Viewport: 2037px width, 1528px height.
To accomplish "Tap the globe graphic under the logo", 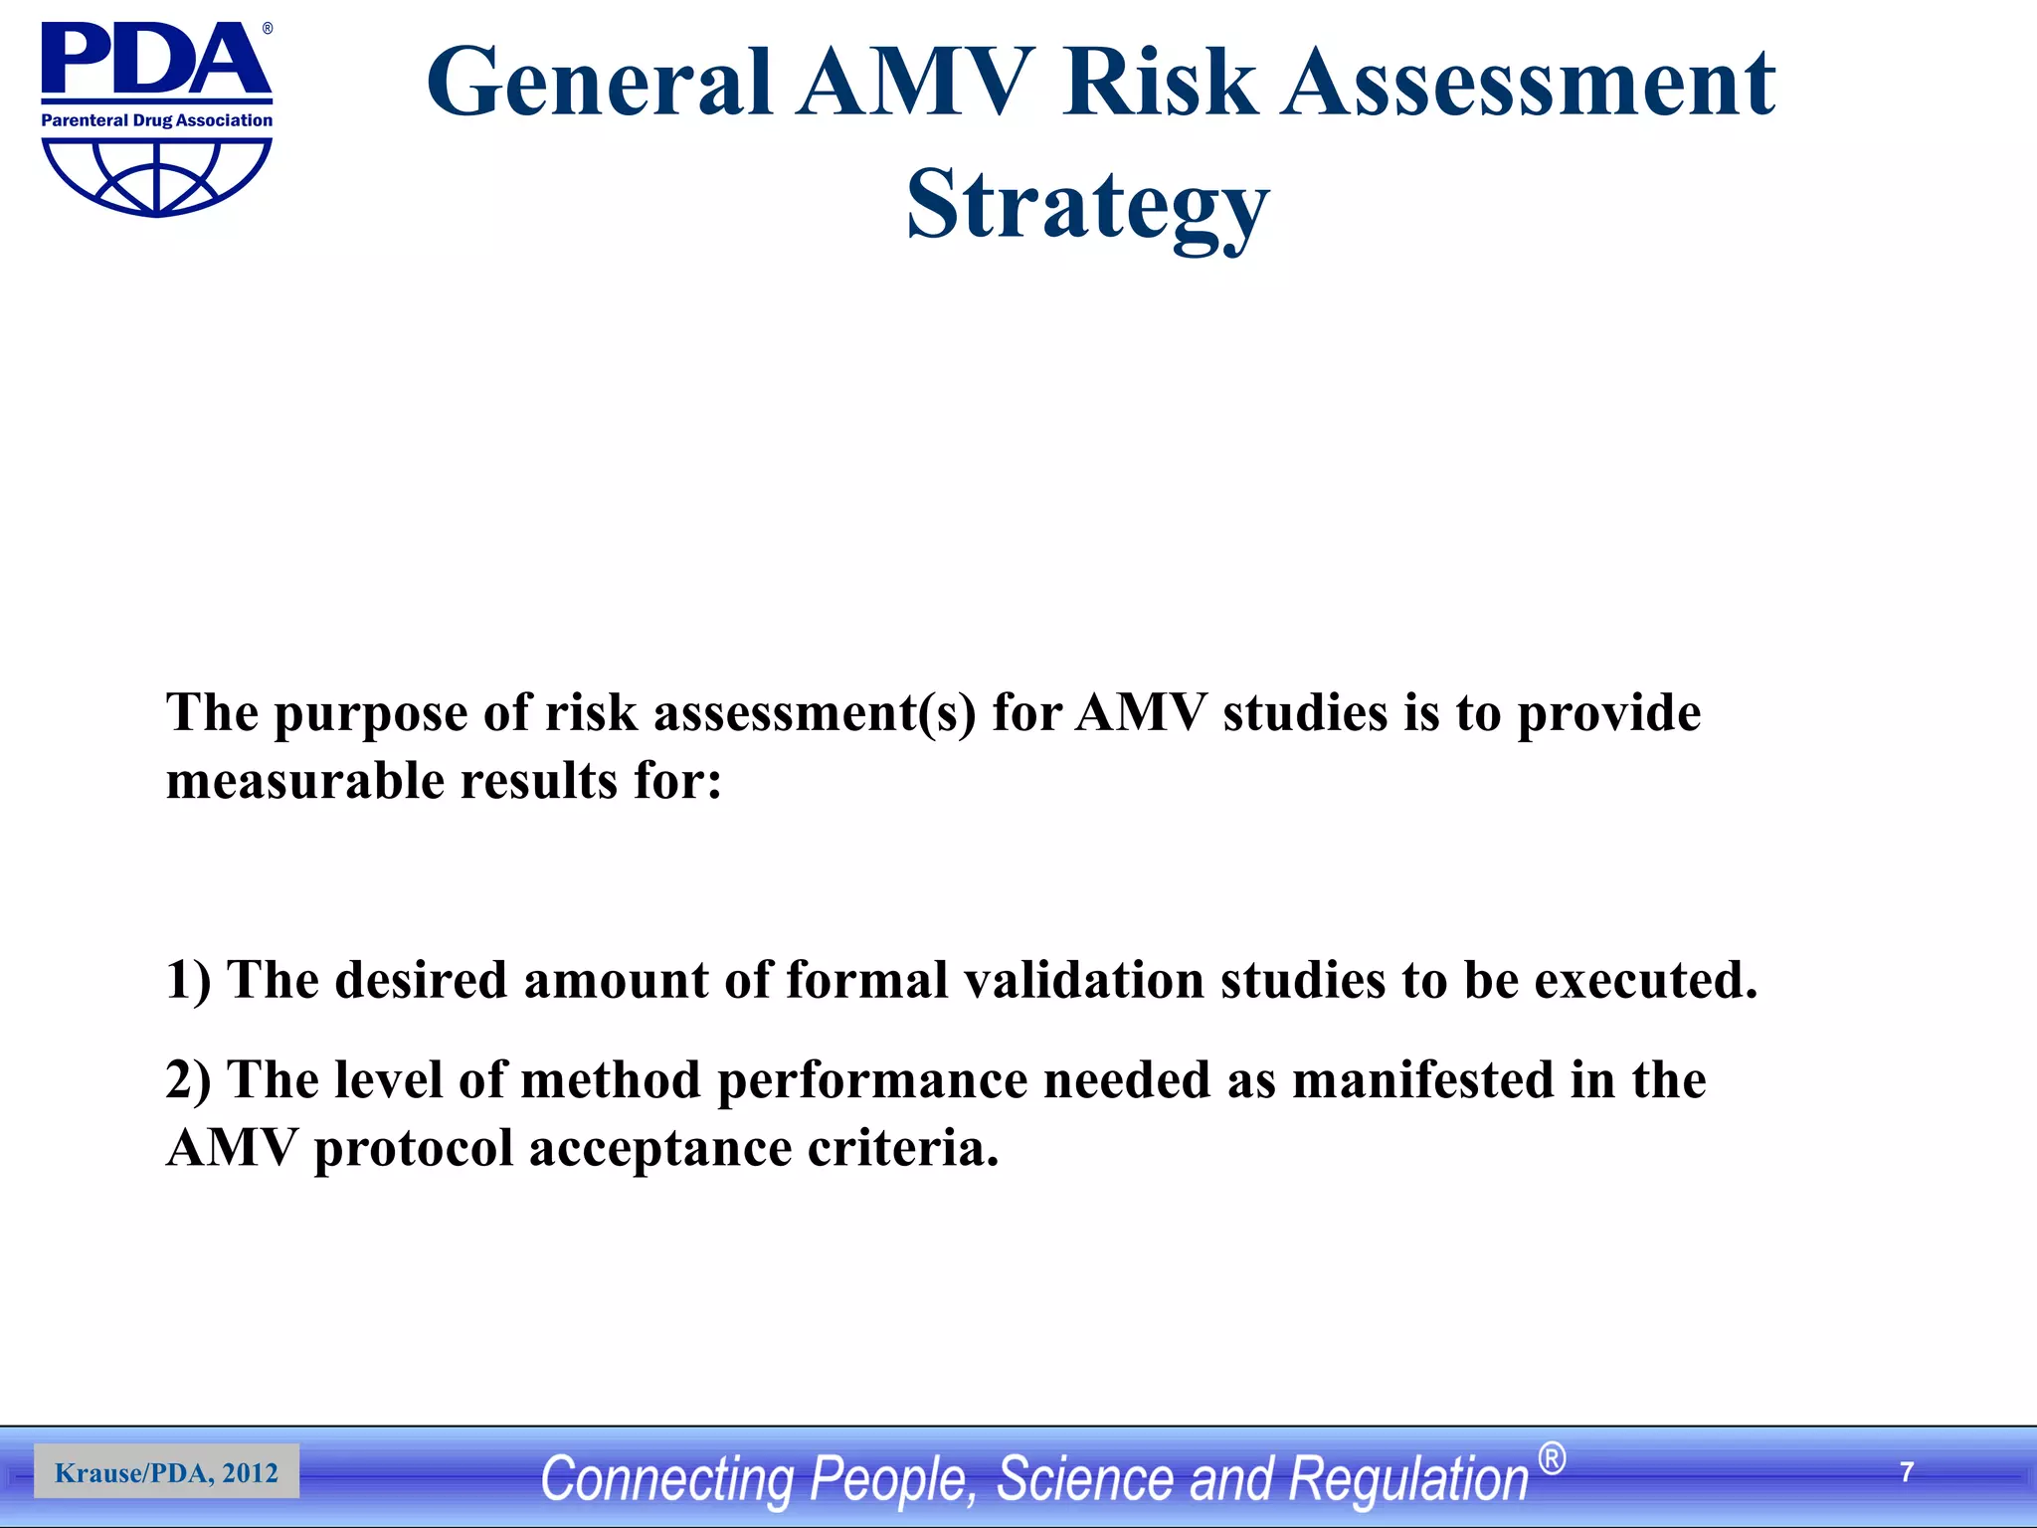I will (156, 177).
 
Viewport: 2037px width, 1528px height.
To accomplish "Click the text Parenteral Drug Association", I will (156, 120).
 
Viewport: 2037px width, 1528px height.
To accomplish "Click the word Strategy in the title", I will (1087, 204).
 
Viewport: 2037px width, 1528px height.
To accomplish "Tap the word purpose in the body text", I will (370, 713).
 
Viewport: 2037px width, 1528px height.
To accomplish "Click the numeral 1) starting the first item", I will (188, 980).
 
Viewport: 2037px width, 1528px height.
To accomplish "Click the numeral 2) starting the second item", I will (188, 1080).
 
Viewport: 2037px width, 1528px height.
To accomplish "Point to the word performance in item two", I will (872, 1080).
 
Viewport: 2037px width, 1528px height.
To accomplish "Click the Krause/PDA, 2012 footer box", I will (166, 1472).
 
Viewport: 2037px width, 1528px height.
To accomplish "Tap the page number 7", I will (1907, 1472).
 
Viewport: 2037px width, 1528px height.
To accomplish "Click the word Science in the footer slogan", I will (1084, 1478).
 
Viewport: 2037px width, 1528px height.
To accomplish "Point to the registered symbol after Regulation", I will (1551, 1459).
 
